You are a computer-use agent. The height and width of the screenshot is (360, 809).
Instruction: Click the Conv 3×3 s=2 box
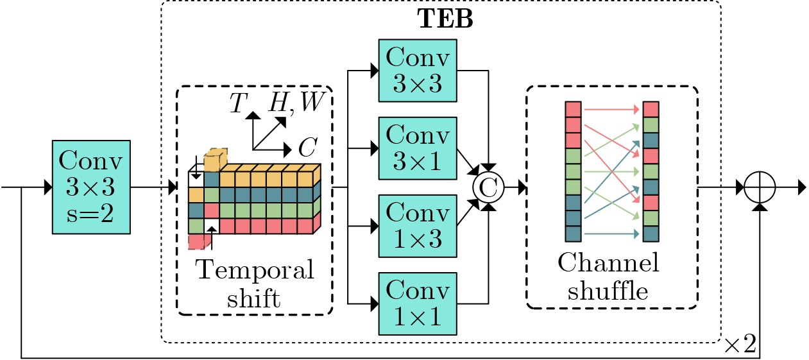[x=91, y=188]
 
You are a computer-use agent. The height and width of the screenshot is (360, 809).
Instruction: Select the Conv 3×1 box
[x=418, y=149]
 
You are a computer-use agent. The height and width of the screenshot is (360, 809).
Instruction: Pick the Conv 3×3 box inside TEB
[x=418, y=71]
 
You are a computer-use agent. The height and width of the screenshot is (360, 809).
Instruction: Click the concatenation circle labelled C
[x=489, y=188]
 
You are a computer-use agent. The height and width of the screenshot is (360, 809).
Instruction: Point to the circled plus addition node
[x=760, y=188]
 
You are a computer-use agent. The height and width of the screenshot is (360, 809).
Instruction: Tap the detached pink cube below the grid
[x=198, y=241]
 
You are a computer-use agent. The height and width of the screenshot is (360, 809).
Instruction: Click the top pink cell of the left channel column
[x=573, y=110]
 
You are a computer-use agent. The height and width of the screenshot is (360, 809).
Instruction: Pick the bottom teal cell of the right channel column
[x=651, y=234]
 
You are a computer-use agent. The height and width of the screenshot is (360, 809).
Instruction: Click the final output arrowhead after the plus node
[x=801, y=188]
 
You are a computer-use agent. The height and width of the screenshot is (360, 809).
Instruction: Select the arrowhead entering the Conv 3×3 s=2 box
[x=48, y=188]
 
